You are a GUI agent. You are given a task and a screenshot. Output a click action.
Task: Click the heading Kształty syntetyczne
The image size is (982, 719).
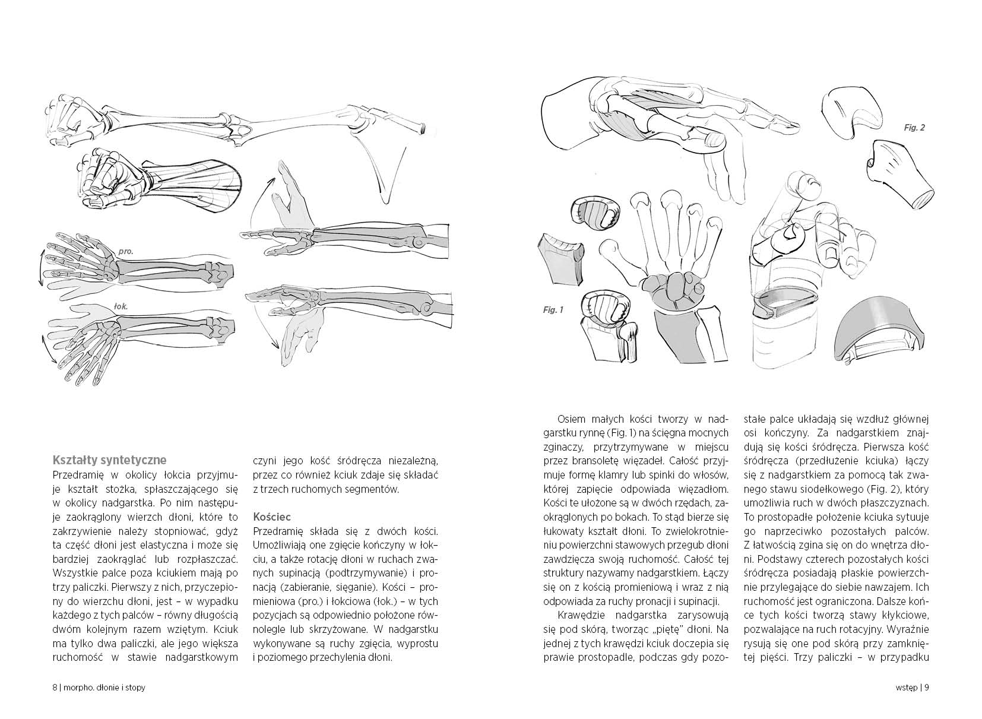coord(109,460)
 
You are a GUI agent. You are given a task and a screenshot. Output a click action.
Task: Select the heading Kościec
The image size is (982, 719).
coord(271,517)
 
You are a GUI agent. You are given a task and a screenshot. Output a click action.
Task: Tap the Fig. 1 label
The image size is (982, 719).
coord(553,309)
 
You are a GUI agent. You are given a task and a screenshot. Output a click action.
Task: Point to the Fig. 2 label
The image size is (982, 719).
coord(914,128)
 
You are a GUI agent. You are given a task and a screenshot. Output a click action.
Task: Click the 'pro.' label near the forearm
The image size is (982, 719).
coord(125,251)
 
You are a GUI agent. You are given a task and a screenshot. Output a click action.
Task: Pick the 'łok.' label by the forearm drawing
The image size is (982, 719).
coord(121,307)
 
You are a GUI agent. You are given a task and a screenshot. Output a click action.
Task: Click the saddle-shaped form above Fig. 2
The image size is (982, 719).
coord(852,110)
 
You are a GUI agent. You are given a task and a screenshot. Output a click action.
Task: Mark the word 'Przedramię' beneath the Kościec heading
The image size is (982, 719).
coord(277,530)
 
